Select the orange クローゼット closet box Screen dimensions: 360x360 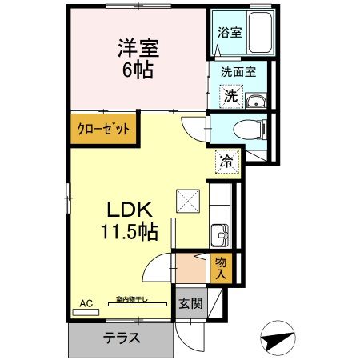pos(102,128)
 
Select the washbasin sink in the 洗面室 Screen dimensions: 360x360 pos(256,101)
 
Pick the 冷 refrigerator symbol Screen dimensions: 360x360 pos(226,161)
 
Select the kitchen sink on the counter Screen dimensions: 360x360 pos(220,235)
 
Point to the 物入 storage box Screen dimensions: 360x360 pos(221,268)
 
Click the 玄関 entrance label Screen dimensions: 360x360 pos(190,304)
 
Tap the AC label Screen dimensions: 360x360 pos(86,303)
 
